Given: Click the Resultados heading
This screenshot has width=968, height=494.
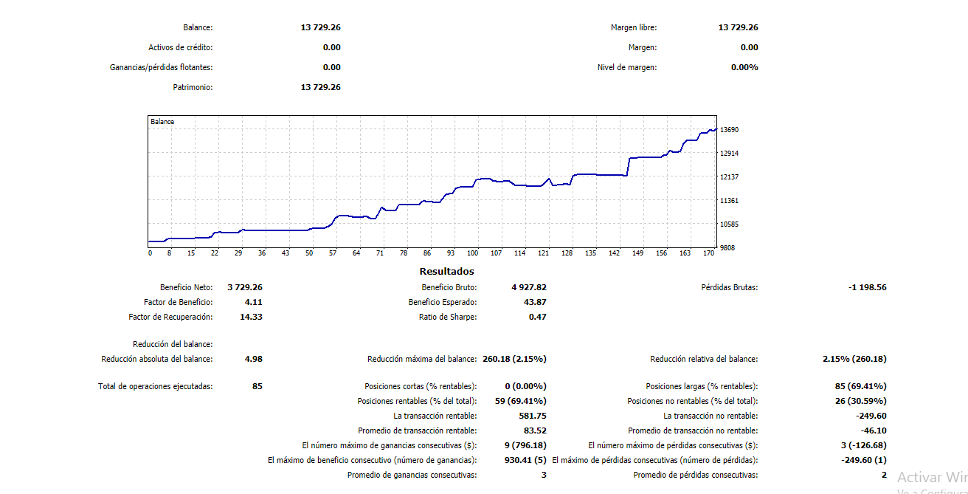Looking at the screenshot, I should point(446,272).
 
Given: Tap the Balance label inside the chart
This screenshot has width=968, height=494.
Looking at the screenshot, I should point(162,121).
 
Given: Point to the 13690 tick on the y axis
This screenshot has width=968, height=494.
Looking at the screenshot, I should point(729,130).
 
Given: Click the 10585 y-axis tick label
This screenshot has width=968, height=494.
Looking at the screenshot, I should point(729,224).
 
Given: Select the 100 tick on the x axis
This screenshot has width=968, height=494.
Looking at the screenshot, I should point(473,253).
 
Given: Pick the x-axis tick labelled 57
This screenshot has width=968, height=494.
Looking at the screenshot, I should point(333,253).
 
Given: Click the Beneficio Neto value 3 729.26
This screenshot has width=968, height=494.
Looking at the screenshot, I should point(245,287).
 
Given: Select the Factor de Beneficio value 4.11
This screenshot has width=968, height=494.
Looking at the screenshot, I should point(253,302).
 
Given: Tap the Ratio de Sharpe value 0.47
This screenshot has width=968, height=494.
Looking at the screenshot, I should point(537,317).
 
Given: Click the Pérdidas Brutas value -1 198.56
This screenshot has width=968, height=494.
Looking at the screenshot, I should point(868,287).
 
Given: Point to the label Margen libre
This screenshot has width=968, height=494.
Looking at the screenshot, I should point(633,27).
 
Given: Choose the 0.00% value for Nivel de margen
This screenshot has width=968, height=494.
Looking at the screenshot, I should point(744,67).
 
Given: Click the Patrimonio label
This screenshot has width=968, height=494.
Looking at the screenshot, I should point(193,87).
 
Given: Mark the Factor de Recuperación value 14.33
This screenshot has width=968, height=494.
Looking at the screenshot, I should point(251,317).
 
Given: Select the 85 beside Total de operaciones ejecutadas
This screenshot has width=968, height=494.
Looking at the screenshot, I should point(257,386).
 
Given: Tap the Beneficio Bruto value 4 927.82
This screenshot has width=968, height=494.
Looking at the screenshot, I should point(529,287).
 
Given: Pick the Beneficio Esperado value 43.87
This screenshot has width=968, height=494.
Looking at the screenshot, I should point(535,302).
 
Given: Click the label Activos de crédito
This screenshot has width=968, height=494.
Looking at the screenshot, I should point(180,47).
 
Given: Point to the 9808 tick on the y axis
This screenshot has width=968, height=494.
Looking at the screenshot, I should point(727,248).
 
